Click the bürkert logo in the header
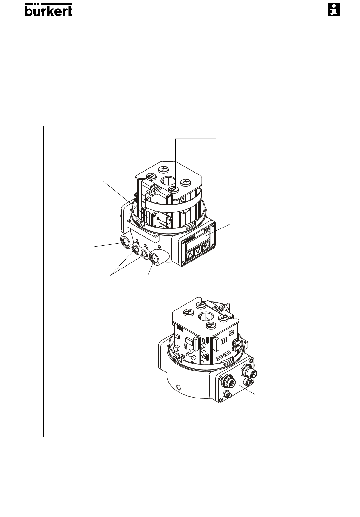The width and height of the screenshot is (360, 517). tap(48, 10)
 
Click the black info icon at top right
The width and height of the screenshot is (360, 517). tap(334, 10)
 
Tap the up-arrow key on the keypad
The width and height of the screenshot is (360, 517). tap(190, 256)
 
